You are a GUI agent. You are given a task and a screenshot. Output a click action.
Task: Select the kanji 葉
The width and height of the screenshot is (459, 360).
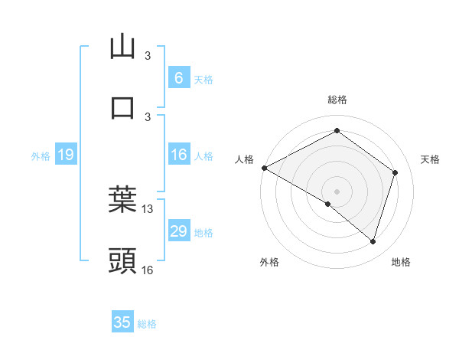pos(122,199)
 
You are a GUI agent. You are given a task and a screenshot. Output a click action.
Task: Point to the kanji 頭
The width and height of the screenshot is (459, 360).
pos(122,261)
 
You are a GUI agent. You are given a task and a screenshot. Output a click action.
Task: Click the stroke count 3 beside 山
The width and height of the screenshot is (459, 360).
pos(148,56)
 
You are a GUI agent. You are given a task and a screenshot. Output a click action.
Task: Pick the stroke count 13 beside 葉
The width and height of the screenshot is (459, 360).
pos(148,209)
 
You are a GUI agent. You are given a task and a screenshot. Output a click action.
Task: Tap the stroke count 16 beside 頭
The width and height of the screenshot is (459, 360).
pos(148,270)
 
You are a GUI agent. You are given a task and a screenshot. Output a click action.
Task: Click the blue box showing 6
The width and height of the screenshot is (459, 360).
pos(178,78)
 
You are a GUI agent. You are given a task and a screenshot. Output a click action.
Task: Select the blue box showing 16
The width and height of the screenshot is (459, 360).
pos(178,155)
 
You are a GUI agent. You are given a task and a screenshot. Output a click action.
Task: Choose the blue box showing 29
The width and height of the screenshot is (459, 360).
pos(178,231)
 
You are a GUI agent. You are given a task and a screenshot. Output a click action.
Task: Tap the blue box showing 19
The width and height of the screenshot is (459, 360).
pos(65,155)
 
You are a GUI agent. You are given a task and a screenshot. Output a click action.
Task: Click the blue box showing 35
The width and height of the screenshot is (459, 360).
pos(122,322)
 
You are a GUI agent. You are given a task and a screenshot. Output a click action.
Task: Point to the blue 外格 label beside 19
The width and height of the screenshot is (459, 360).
pos(41,155)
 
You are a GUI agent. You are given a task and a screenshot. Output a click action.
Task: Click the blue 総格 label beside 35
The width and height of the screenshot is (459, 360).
pos(147,324)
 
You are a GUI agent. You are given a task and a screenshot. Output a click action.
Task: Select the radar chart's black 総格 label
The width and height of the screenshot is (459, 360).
pos(337,100)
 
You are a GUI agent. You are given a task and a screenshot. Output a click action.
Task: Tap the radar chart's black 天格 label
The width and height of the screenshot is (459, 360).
pos(430,159)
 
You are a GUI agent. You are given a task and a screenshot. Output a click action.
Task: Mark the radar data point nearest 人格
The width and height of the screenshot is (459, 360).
pos(264,168)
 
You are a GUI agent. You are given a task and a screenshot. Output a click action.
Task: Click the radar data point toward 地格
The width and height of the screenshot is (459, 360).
pos(373,241)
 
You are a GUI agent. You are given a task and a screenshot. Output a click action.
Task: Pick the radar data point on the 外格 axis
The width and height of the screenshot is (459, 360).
pos(327,204)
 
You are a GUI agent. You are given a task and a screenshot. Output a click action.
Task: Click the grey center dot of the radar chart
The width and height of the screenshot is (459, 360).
pos(337,191)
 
